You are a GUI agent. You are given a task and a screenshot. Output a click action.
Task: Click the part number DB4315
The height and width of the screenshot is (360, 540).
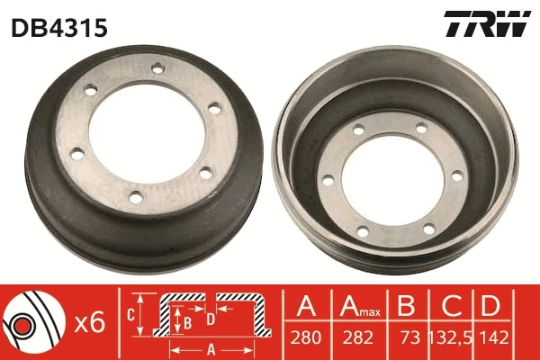(x=59, y=28)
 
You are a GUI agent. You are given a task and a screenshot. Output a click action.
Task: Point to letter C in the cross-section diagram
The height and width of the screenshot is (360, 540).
(x=129, y=315)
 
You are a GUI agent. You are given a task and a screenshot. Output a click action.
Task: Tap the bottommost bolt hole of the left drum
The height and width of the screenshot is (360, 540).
(x=135, y=195)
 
